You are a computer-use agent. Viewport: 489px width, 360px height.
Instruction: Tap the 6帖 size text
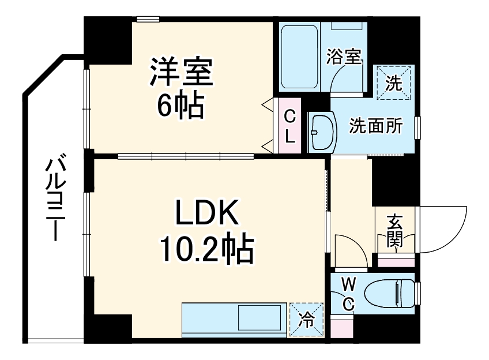182,105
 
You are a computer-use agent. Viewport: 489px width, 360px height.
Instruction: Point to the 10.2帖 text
206,249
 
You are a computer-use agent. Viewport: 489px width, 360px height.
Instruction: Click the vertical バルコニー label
56,197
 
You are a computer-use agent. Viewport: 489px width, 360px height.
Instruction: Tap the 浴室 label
344,57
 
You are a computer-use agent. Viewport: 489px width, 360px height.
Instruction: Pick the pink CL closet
291,125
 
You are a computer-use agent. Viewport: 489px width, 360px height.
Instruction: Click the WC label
348,292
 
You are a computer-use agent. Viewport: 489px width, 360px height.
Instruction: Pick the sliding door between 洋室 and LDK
186,155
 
